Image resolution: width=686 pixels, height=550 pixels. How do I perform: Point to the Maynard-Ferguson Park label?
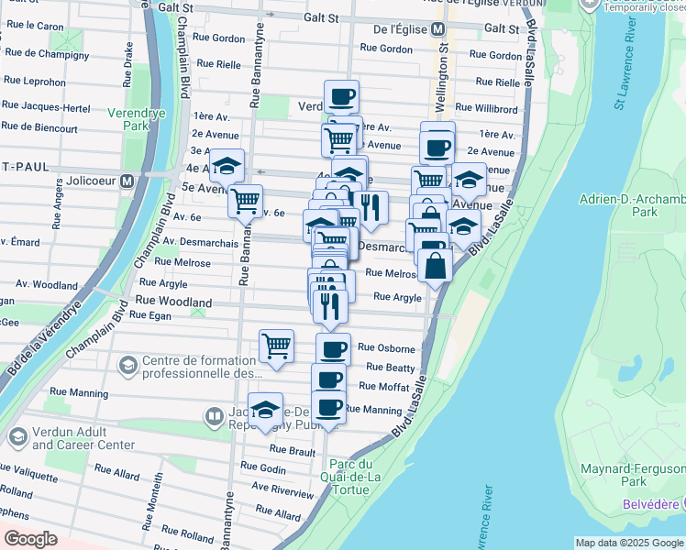[634, 474]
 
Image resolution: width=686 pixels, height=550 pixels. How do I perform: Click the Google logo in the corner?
[30, 539]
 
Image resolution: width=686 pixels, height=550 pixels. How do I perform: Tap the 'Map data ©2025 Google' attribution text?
[628, 543]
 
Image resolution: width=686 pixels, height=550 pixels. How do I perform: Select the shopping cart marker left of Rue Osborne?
[276, 346]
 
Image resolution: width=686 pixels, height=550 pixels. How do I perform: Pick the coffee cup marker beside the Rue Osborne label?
[333, 349]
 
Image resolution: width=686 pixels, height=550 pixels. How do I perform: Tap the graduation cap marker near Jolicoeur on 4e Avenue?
[227, 166]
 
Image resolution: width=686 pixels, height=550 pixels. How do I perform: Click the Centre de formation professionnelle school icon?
[127, 365]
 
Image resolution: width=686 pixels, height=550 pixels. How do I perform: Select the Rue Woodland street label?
[173, 301]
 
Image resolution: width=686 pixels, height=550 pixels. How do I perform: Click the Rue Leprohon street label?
[35, 81]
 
